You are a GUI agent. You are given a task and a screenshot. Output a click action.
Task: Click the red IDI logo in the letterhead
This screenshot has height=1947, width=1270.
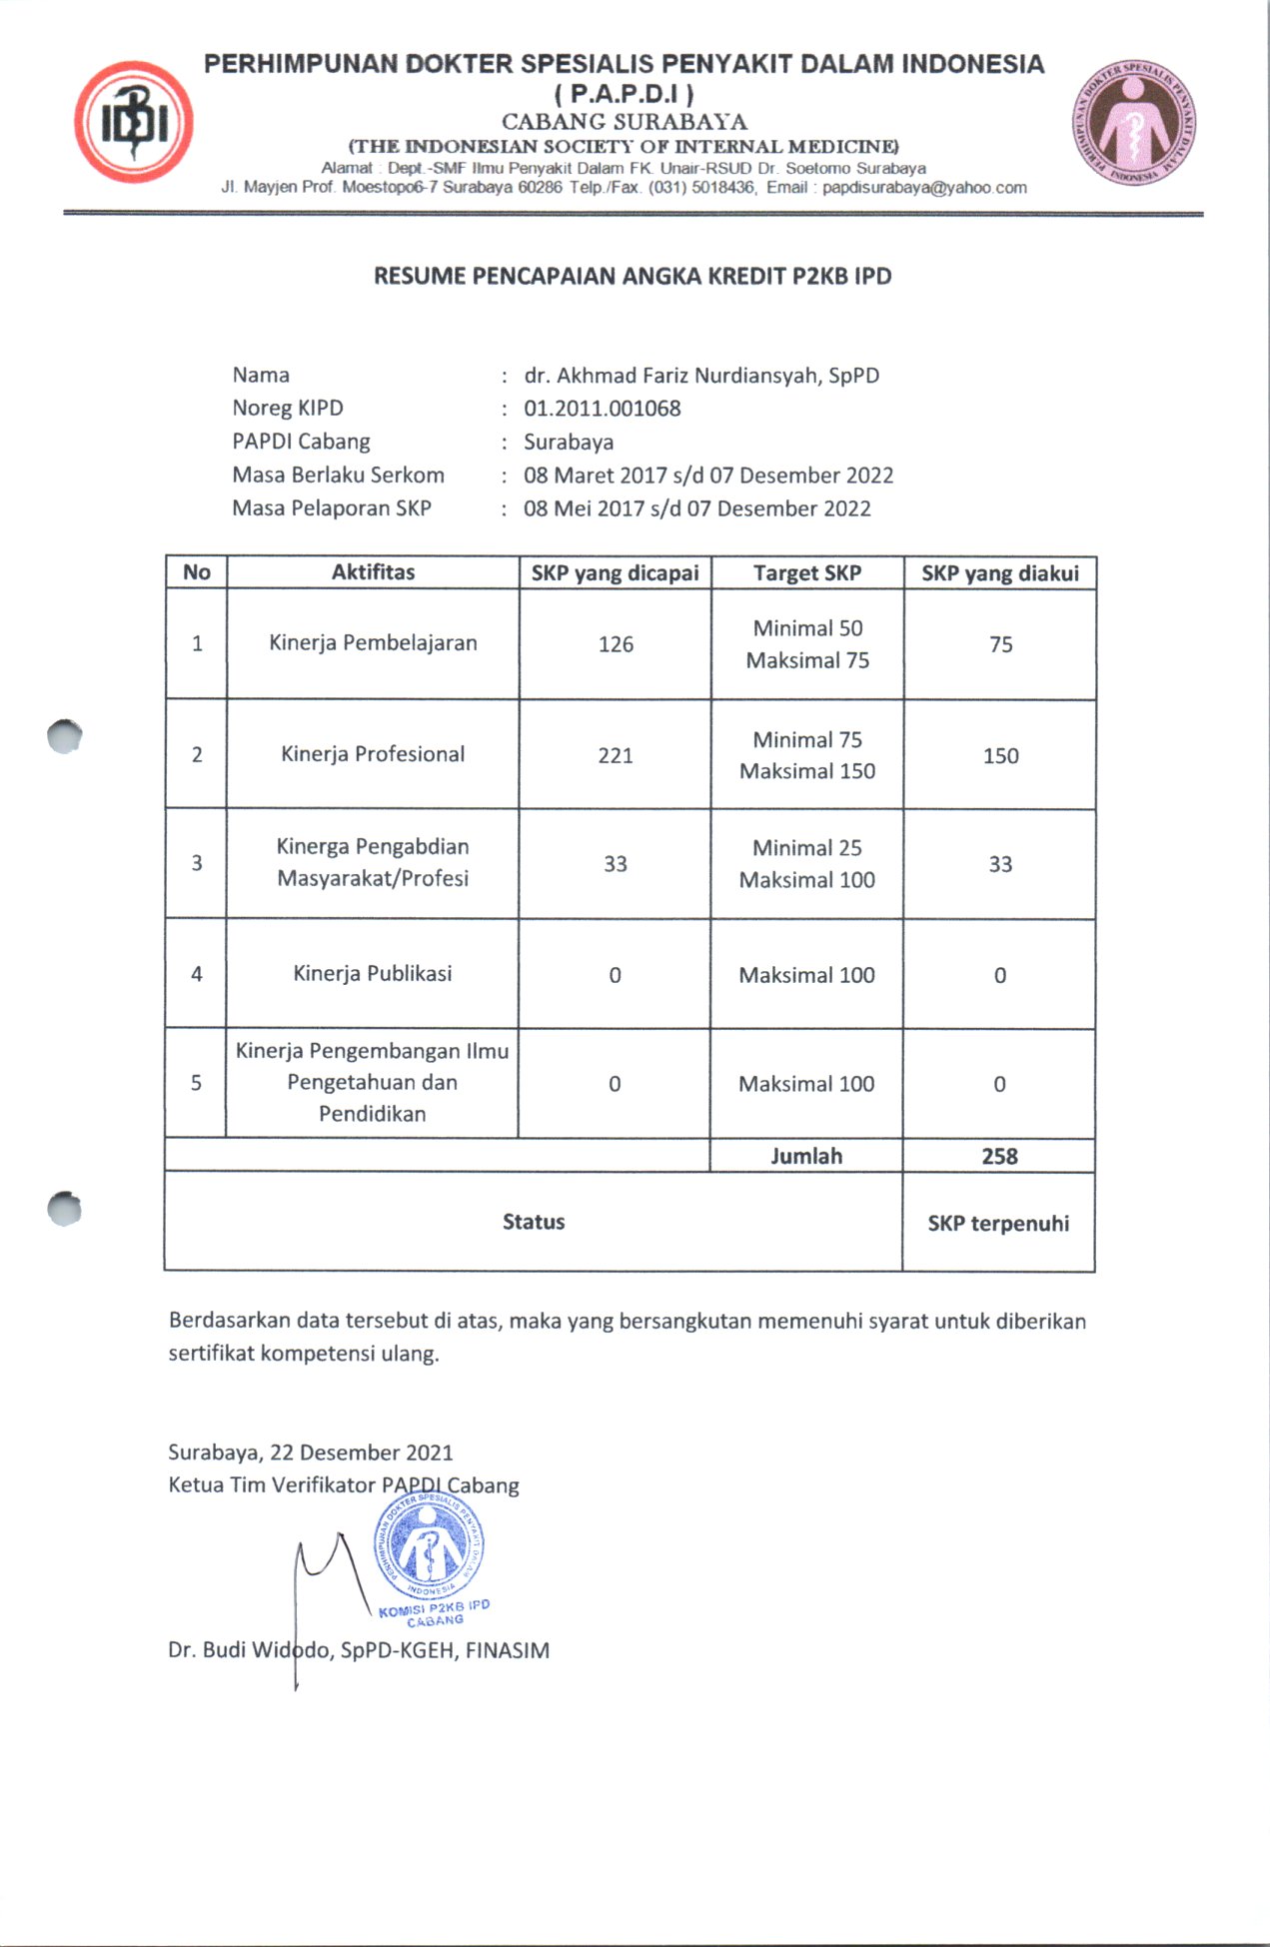(x=134, y=122)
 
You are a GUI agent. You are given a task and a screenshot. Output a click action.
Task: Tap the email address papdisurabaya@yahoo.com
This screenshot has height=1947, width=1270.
(x=924, y=188)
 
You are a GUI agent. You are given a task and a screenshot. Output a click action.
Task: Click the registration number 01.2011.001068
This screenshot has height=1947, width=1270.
(x=602, y=409)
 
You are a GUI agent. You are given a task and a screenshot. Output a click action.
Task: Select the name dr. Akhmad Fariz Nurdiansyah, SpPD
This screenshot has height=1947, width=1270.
(x=701, y=376)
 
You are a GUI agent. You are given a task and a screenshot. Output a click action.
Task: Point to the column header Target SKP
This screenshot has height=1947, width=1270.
(x=807, y=573)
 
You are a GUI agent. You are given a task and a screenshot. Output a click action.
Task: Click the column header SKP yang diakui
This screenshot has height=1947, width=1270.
(x=1000, y=573)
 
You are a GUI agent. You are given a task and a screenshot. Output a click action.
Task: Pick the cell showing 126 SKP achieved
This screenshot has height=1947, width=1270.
(x=616, y=644)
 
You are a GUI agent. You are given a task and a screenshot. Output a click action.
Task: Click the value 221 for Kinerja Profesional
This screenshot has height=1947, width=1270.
(x=616, y=755)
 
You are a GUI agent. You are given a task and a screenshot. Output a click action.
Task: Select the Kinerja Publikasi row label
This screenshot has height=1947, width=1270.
(x=373, y=974)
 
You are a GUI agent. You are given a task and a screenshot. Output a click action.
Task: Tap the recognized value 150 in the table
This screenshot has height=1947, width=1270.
(x=1000, y=756)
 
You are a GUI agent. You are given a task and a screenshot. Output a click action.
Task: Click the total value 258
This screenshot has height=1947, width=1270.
(x=999, y=1157)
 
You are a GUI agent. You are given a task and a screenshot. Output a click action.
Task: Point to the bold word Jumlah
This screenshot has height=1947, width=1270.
(x=806, y=1157)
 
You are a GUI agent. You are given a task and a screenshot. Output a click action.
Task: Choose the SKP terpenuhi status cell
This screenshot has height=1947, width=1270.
(x=998, y=1224)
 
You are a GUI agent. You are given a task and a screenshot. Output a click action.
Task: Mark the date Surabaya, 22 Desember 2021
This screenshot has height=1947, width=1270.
(x=311, y=1453)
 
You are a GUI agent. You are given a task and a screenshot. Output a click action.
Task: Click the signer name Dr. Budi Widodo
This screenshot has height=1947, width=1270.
(x=250, y=1650)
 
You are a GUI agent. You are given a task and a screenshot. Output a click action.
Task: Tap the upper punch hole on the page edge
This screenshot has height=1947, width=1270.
(x=65, y=736)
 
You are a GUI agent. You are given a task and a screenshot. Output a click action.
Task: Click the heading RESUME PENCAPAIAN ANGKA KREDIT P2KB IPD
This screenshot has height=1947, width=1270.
(x=633, y=277)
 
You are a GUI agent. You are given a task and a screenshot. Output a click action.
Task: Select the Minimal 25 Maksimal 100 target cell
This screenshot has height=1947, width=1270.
(x=807, y=864)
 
